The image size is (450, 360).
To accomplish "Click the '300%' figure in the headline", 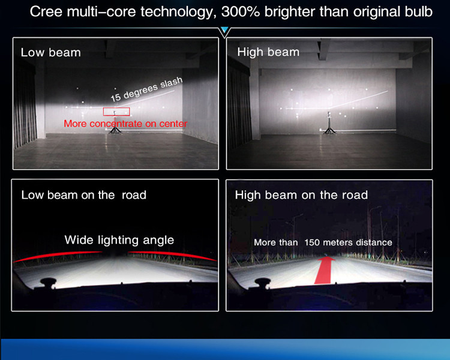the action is [241, 12].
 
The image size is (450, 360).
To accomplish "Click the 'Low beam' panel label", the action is [51, 53].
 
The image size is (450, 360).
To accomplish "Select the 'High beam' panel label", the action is [268, 52].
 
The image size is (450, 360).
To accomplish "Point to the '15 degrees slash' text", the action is [146, 89].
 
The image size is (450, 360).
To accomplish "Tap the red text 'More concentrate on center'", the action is [125, 124].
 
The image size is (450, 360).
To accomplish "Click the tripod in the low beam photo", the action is [115, 123].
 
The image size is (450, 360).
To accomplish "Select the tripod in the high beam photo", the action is [329, 124].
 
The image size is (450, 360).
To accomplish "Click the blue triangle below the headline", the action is [225, 29].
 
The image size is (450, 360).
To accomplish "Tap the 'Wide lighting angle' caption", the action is [119, 240].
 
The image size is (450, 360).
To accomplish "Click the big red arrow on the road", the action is [325, 270].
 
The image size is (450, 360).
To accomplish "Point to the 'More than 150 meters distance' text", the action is [323, 242].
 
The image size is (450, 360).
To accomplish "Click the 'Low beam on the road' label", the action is [84, 195].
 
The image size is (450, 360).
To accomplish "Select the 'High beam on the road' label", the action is [301, 195].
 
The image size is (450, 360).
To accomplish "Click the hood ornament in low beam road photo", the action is [47, 282].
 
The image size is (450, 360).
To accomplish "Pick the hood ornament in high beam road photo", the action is [262, 282].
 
